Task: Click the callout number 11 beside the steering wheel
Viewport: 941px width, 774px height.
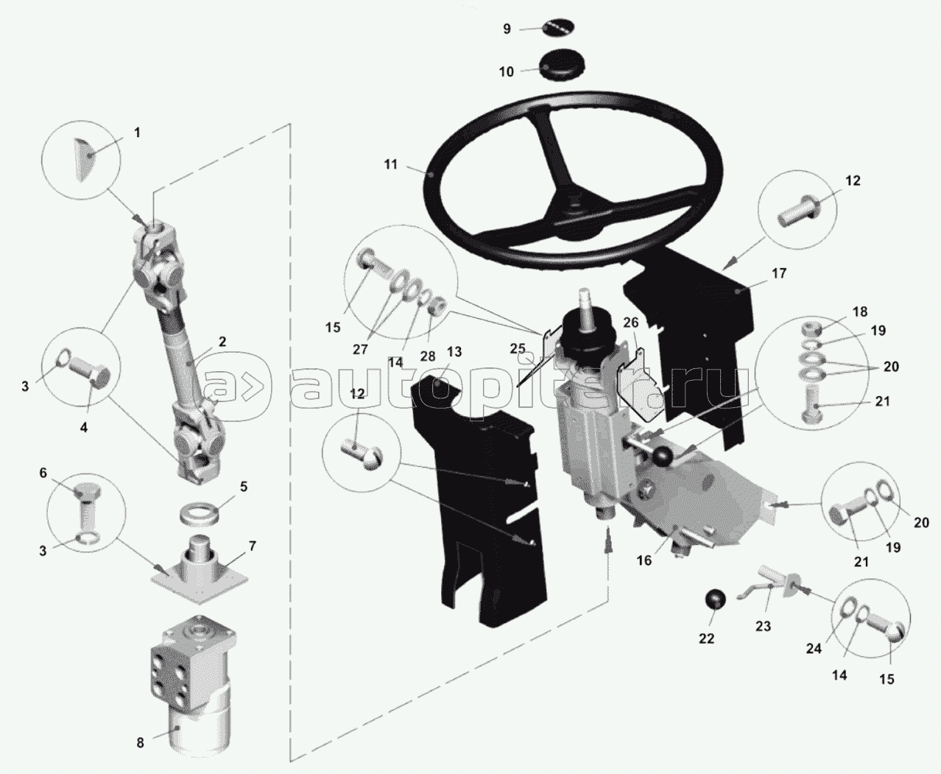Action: [390, 164]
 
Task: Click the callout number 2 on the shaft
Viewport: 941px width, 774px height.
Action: [222, 341]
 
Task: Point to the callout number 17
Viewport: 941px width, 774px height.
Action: [779, 273]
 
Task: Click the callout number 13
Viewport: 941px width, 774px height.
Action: [454, 351]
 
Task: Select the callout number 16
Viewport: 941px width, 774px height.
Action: [644, 560]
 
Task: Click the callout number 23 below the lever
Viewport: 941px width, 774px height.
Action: [763, 626]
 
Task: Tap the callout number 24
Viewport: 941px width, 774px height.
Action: [813, 649]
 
